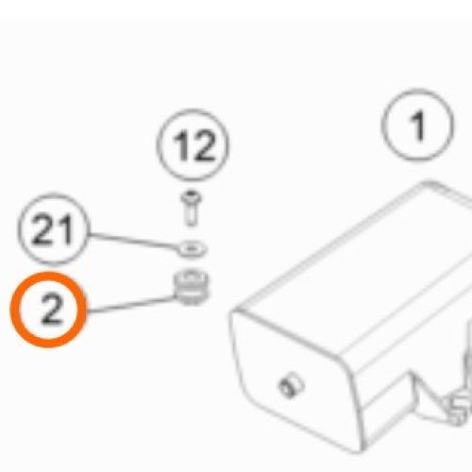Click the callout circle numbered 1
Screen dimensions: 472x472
[417, 126]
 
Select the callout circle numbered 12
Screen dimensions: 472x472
[193, 145]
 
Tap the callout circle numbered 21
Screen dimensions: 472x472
[53, 228]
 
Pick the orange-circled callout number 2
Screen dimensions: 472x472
[49, 310]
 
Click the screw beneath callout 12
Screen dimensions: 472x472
[191, 208]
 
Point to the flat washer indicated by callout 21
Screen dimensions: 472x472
[192, 248]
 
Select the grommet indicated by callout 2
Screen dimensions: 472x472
[192, 287]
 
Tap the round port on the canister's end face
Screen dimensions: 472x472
[291, 385]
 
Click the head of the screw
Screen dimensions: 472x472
[191, 196]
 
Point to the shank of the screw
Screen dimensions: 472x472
[191, 215]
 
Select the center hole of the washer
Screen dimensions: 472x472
[192, 248]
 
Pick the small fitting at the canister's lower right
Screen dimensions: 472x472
[458, 409]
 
